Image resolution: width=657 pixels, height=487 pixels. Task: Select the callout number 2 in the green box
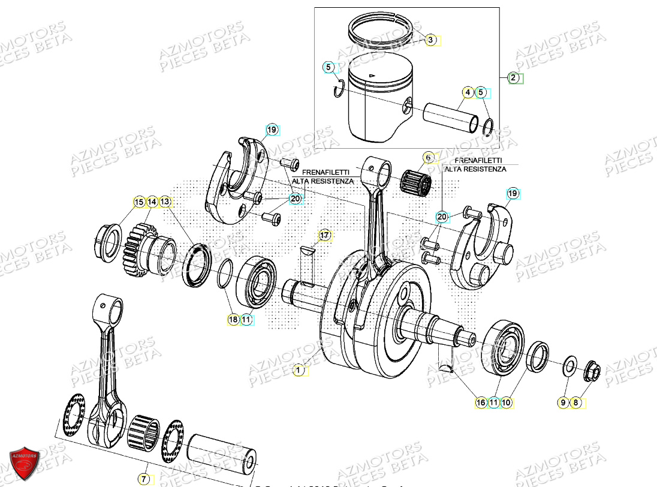pyautogui.click(x=513, y=77)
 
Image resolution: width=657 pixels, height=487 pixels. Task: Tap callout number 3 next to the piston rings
pyautogui.click(x=430, y=40)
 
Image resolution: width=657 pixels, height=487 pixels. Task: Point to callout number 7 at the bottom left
pyautogui.click(x=144, y=479)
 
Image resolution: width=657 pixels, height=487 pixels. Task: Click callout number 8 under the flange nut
pyautogui.click(x=576, y=403)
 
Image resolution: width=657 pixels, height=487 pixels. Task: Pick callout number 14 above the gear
pyautogui.click(x=152, y=202)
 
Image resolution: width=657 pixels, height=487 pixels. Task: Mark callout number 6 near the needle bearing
pyautogui.click(x=428, y=158)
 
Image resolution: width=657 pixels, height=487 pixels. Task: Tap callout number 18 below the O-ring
pyautogui.click(x=233, y=320)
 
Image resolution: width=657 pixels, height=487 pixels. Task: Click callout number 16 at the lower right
pyautogui.click(x=481, y=403)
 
